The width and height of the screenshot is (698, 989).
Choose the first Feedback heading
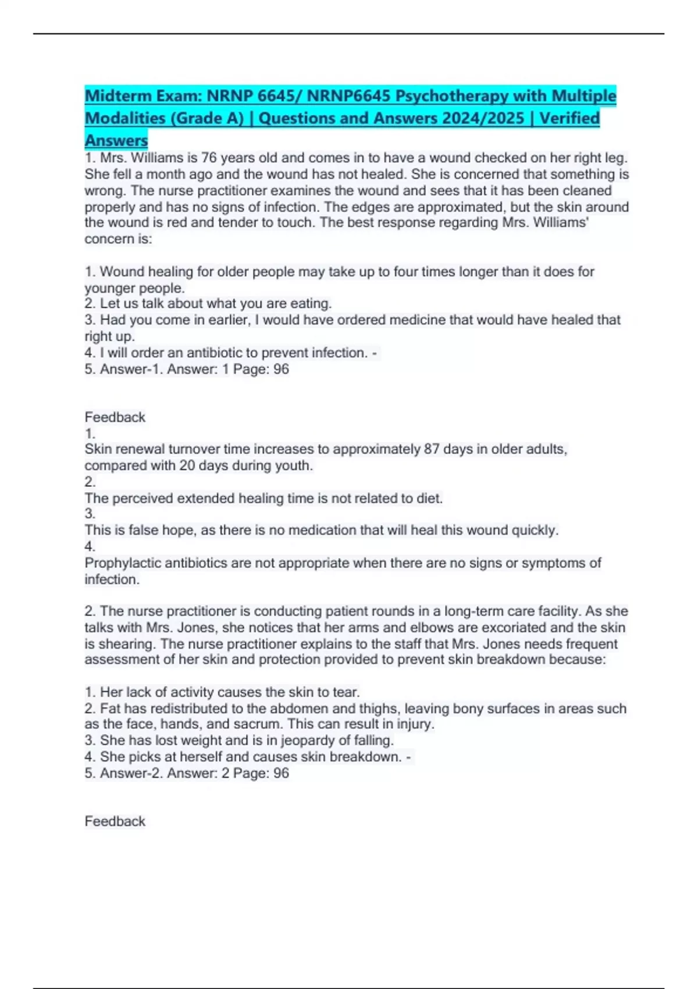tap(115, 417)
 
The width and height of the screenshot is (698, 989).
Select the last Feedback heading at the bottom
tap(115, 821)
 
